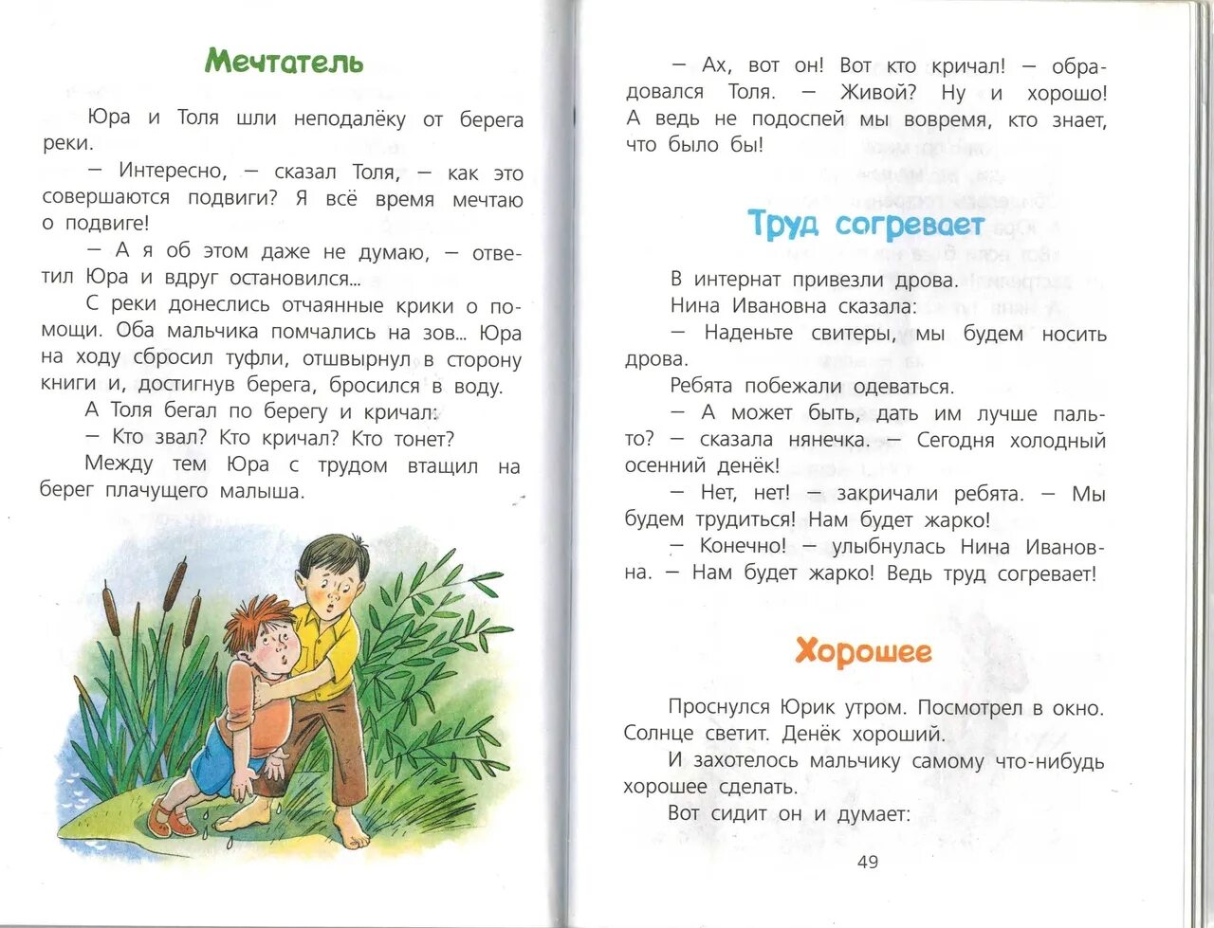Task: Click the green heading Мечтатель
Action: coord(284,62)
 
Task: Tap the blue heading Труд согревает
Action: coord(866,225)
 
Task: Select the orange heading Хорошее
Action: coord(863,652)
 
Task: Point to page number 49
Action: coord(867,862)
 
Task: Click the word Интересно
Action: coord(173,172)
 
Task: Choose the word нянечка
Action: coord(827,440)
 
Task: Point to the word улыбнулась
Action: coord(888,546)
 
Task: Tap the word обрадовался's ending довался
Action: coord(664,92)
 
